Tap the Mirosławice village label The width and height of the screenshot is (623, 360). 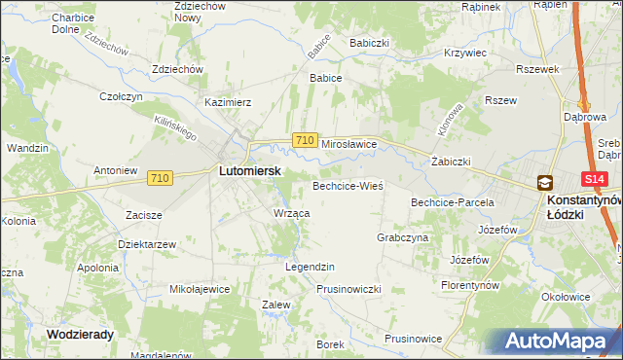[x=348, y=142]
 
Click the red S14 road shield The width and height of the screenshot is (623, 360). [x=596, y=179]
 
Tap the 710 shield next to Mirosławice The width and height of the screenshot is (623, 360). [x=304, y=141]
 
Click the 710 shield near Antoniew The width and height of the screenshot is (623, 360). [x=161, y=178]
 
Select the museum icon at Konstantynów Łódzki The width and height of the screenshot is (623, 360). [x=544, y=182]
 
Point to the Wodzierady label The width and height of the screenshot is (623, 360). [x=80, y=333]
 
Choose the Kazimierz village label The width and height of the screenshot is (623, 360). [x=228, y=101]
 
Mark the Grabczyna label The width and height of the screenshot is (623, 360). [x=402, y=236]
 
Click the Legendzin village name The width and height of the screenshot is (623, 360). [x=310, y=266]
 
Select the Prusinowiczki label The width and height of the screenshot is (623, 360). [x=348, y=289]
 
